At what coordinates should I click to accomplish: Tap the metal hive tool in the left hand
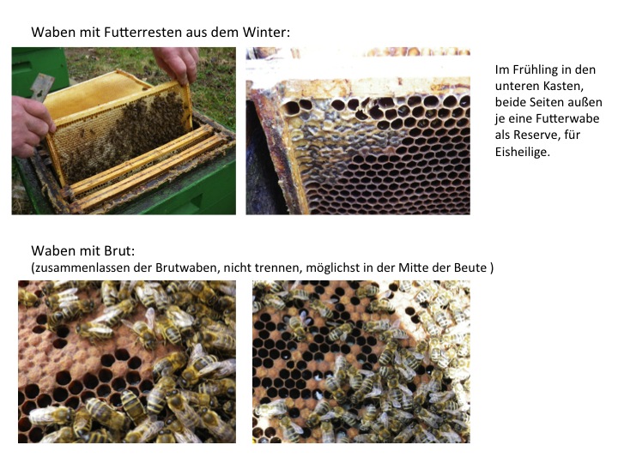40,87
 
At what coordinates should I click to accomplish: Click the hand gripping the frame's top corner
176,63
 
